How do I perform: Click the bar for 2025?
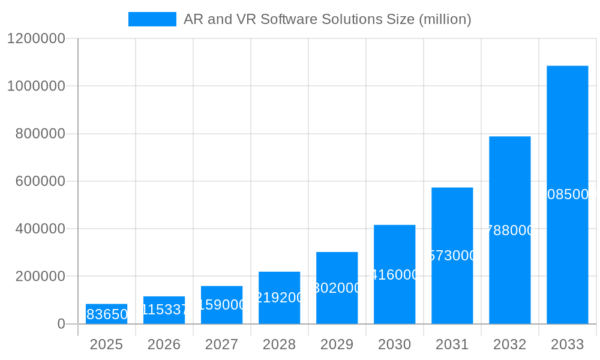pyautogui.click(x=106, y=314)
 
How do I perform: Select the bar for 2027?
pyautogui.click(x=221, y=305)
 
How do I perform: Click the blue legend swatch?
pyautogui.click(x=152, y=19)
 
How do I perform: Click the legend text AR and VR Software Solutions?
pyautogui.click(x=327, y=19)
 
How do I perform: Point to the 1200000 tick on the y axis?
pyautogui.click(x=36, y=38)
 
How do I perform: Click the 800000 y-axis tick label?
pyautogui.click(x=40, y=134)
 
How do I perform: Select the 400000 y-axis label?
pyautogui.click(x=40, y=229)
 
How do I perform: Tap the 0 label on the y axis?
pyautogui.click(x=61, y=324)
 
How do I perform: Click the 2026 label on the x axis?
pyautogui.click(x=164, y=344)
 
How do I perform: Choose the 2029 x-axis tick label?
pyautogui.click(x=337, y=344)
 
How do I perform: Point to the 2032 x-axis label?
pyautogui.click(x=509, y=344)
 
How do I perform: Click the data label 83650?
pyautogui.click(x=107, y=314)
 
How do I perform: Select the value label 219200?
pyautogui.click(x=280, y=298)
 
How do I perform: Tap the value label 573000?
pyautogui.click(x=452, y=256)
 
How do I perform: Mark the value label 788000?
pyautogui.click(x=510, y=230)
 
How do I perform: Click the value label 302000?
pyautogui.click(x=337, y=288)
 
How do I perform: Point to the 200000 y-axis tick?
pyautogui.click(x=40, y=277)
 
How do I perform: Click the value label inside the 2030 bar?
pyautogui.click(x=395, y=275)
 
